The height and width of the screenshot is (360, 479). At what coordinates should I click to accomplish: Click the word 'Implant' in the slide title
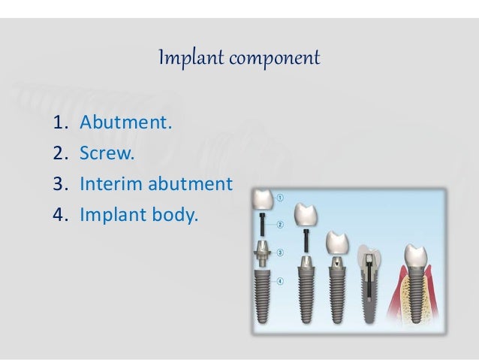coord(181,58)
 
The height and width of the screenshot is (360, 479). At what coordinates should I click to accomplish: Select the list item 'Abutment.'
coord(126,121)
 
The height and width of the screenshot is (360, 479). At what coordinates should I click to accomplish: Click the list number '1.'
coord(60,121)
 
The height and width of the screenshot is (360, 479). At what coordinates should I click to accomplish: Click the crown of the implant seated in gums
coord(415,256)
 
